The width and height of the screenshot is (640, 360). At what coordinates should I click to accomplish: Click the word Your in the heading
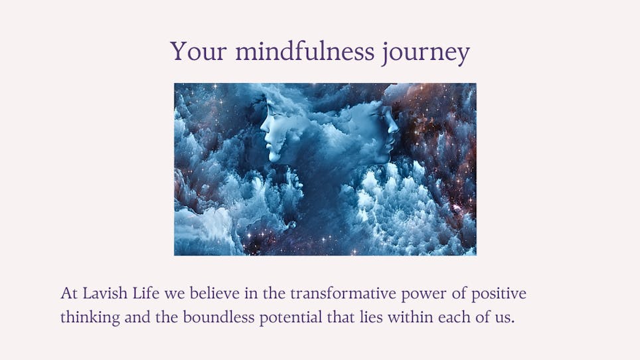pos(198,51)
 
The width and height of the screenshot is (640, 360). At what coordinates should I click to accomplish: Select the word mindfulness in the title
pos(305,51)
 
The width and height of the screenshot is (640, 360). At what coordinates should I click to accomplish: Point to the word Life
pos(145,293)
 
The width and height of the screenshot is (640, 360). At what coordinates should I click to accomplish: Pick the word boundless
pos(218,317)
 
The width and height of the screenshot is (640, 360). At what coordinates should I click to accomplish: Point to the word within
pos(410,317)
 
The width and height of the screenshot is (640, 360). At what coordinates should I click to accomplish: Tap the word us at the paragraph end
pos(505,319)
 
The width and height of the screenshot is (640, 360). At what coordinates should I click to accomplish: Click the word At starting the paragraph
pos(69,294)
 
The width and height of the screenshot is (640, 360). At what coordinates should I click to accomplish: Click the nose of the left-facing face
pos(264,126)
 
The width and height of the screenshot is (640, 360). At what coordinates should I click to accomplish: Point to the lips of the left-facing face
pos(268,141)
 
